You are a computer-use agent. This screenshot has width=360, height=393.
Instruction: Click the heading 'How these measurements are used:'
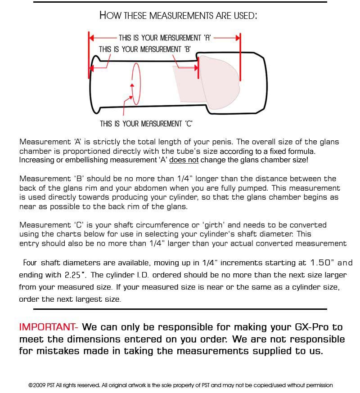[x=178, y=15]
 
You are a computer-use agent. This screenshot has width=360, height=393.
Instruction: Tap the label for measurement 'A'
[x=165, y=38]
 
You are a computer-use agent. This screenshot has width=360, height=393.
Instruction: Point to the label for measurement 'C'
[x=146, y=124]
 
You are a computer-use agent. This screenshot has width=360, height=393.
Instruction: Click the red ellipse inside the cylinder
[x=136, y=84]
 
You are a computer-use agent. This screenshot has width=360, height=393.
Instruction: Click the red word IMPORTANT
[x=48, y=327]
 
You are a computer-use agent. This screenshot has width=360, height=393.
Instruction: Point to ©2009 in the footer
[x=37, y=385]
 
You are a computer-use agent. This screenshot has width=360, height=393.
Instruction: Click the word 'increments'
[x=239, y=263]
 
